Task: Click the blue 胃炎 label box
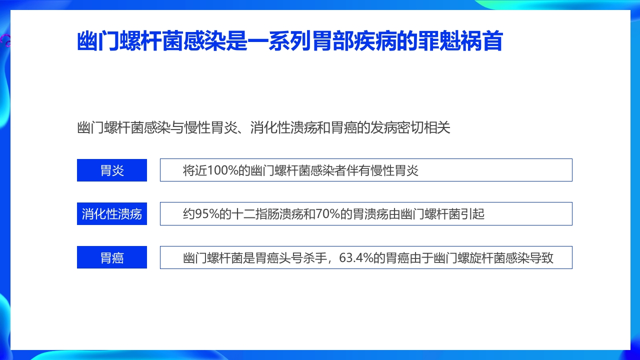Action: (x=112, y=170)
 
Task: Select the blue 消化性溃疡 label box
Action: (x=112, y=214)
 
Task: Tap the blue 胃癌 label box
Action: (x=112, y=257)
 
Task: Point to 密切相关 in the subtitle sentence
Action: (x=425, y=127)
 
